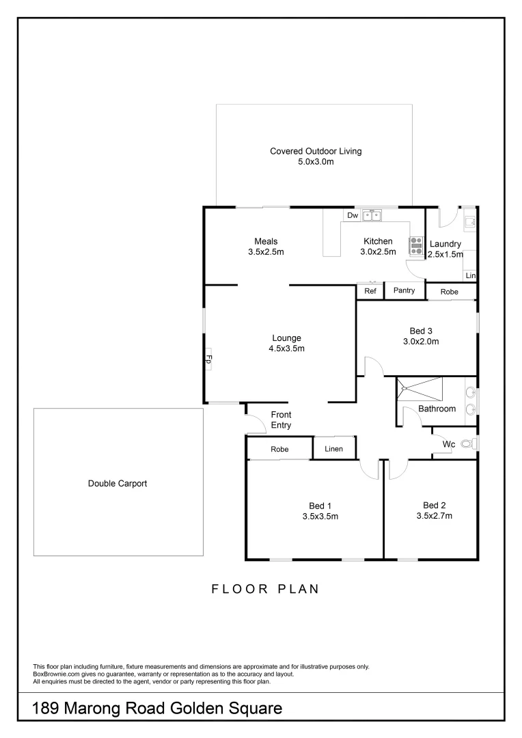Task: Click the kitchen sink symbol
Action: (372, 216)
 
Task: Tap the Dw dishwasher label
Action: (353, 216)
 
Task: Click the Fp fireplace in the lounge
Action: (209, 359)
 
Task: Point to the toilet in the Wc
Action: (467, 444)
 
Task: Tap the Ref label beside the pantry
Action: (370, 291)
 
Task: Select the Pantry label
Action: (404, 291)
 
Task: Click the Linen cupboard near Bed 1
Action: (333, 449)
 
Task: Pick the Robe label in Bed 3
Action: (450, 292)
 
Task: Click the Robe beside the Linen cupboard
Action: (279, 450)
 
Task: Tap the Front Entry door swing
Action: (255, 424)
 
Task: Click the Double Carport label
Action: (118, 484)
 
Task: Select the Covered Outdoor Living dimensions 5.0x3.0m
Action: (315, 162)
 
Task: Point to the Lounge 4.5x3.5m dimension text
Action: (286, 348)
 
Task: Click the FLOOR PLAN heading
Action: (265, 589)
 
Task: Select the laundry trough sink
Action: (469, 221)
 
